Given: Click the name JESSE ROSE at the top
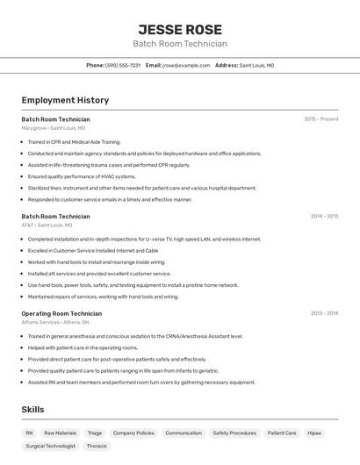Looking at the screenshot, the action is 180,29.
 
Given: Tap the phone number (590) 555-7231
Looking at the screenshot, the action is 122,65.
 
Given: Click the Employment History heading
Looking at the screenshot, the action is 65,100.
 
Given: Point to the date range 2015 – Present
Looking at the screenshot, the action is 320,118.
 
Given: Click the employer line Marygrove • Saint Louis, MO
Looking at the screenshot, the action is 54,128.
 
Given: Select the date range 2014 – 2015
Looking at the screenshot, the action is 324,216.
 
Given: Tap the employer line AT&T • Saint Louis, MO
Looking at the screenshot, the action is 47,225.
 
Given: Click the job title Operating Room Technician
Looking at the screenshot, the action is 61,313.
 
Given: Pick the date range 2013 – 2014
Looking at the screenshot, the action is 324,313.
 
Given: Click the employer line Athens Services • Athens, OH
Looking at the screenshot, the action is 55,322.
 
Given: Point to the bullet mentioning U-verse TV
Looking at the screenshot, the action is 144,239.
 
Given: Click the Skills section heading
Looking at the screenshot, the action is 32,410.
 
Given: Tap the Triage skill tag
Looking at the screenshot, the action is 94,433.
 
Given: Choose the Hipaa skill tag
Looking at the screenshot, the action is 314,433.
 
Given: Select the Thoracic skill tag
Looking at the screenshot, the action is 97,446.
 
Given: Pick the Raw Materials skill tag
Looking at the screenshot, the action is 61,433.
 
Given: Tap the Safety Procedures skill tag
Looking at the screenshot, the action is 234,433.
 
